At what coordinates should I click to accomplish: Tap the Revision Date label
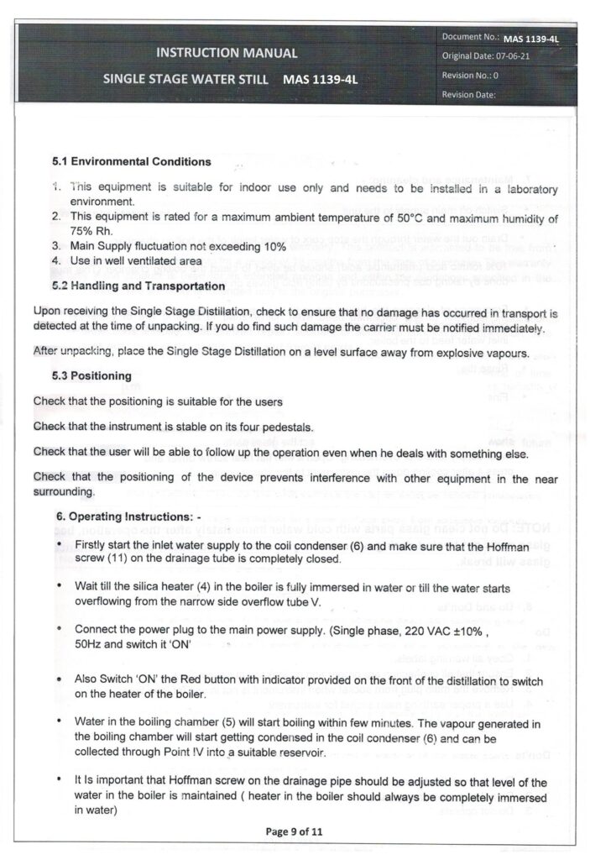(469, 94)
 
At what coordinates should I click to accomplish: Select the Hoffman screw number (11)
(120, 556)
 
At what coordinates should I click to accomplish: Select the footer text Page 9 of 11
(295, 831)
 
